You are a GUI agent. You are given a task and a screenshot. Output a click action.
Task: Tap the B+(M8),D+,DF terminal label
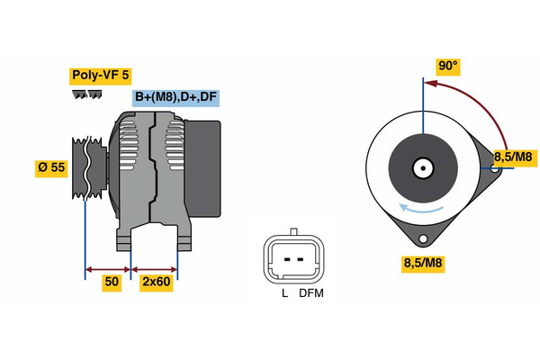(176, 98)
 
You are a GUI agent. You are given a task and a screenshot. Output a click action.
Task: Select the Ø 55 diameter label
(52, 168)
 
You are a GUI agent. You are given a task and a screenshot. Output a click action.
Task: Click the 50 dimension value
(112, 282)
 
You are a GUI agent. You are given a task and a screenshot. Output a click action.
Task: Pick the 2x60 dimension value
(156, 282)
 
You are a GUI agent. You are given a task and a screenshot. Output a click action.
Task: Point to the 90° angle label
(447, 66)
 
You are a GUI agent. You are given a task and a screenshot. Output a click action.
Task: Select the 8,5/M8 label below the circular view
(422, 264)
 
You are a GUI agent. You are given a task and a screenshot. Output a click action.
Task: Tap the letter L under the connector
(283, 293)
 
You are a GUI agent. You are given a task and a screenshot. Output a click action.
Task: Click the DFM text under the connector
(311, 293)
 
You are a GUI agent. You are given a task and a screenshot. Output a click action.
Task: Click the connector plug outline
(292, 258)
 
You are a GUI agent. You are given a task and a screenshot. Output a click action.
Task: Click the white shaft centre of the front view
(421, 168)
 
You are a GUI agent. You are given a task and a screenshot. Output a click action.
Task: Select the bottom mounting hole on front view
(421, 239)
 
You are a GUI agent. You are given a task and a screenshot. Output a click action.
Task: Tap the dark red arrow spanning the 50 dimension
(108, 268)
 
